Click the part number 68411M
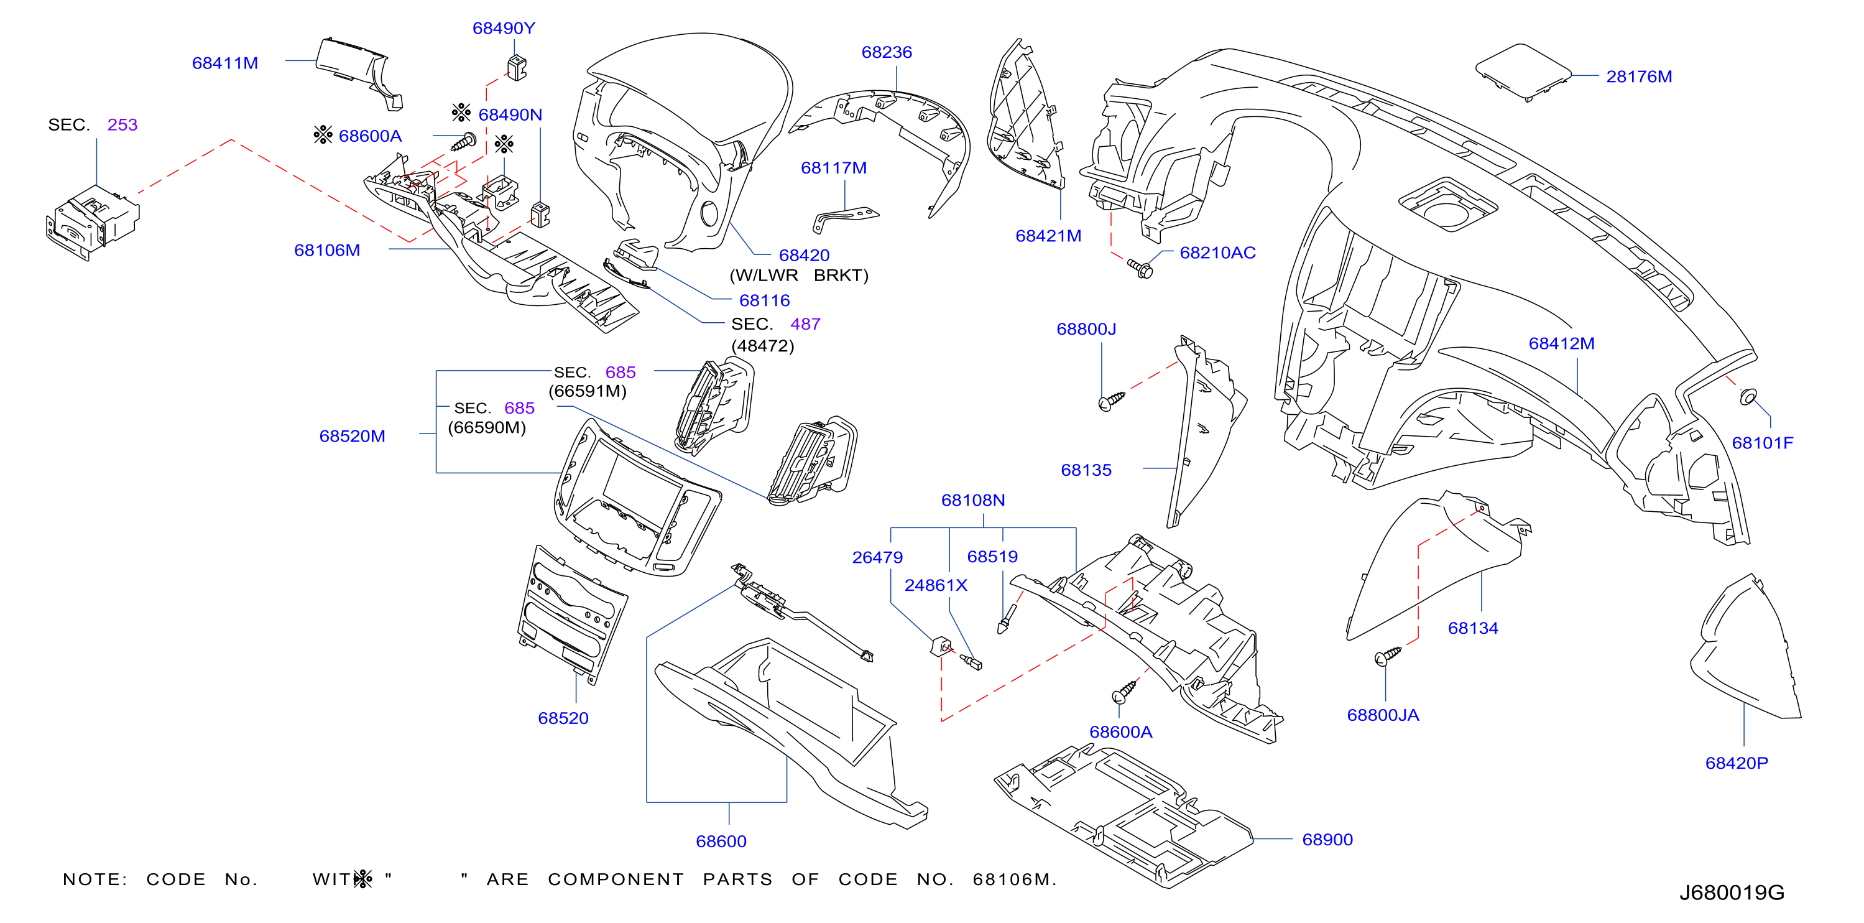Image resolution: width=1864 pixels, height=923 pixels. point(225,63)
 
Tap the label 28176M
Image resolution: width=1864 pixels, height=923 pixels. point(1639,76)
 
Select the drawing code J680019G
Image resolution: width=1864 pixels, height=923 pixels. point(1732,893)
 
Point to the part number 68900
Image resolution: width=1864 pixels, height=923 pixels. point(1327,839)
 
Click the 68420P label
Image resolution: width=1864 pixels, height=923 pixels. point(1737,763)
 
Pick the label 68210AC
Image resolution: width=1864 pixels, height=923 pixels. point(1217,253)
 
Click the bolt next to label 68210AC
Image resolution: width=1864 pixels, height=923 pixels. point(1140,269)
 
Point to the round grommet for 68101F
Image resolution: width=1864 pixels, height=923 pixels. point(1748,396)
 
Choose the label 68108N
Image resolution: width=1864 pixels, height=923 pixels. point(972,500)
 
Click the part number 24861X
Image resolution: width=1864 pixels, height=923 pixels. point(936,585)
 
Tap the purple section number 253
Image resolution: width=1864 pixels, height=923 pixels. point(122,124)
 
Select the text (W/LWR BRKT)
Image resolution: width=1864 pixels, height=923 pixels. point(799,275)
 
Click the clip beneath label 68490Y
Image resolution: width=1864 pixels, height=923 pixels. point(517,67)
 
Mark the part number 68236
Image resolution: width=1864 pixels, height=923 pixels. point(887,52)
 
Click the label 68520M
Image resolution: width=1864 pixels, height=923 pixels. point(353,436)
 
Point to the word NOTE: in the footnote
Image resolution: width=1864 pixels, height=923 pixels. point(95,879)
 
